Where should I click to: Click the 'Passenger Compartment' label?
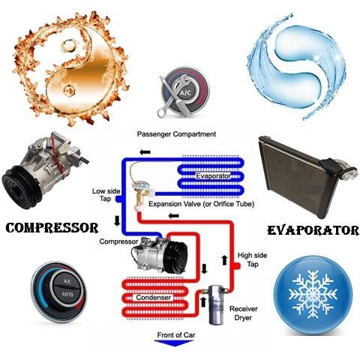pos(176,134)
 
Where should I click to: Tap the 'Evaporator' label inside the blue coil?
pos(213,176)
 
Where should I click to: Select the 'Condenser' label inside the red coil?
pos(154,298)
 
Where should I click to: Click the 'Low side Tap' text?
pos(106,195)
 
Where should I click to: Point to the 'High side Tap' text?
pos(252,259)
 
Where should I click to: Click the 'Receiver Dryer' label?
pos(244,313)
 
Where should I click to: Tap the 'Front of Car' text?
pos(176,334)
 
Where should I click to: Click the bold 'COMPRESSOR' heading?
pos(52,228)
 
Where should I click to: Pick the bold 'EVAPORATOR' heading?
pos(313,230)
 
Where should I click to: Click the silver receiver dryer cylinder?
pos(216,304)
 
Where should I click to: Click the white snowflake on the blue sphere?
pos(313,295)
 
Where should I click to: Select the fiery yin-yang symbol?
pos(70,68)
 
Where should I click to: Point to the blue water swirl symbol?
pos(298,66)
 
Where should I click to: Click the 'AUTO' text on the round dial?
pos(67,294)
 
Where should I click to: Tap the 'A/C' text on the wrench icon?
pos(185,93)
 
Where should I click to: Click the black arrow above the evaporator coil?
pos(145,152)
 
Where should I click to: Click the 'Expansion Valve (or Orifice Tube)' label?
pos(201,204)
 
